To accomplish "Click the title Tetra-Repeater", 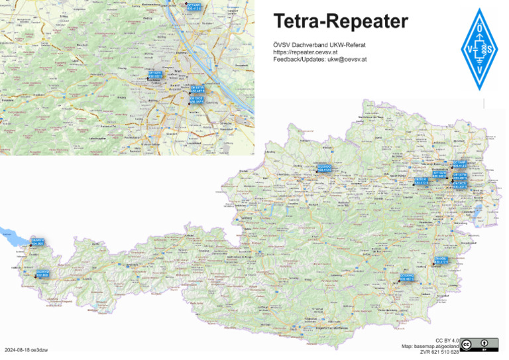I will tap(341, 22).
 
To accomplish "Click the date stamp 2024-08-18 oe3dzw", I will tap(29, 349).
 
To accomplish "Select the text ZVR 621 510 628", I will tap(439, 352).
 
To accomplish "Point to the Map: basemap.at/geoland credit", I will tap(430, 346).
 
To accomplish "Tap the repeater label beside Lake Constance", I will tap(38, 242).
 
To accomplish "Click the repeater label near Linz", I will tap(324, 168).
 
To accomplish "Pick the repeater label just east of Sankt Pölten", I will tap(421, 180).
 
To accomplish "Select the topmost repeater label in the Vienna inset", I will tap(194, 7).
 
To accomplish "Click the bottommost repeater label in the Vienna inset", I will tap(196, 100).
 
